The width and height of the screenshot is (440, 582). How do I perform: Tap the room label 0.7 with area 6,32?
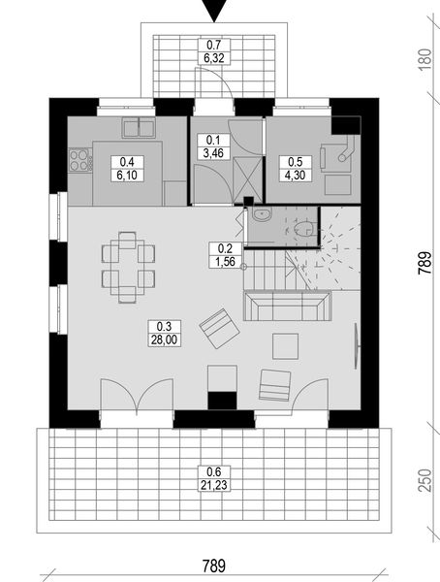(212, 51)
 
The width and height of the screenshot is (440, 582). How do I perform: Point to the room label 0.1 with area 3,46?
(212, 145)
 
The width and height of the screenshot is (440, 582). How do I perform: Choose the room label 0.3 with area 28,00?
(161, 333)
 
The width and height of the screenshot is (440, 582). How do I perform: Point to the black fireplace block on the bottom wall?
(223, 399)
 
